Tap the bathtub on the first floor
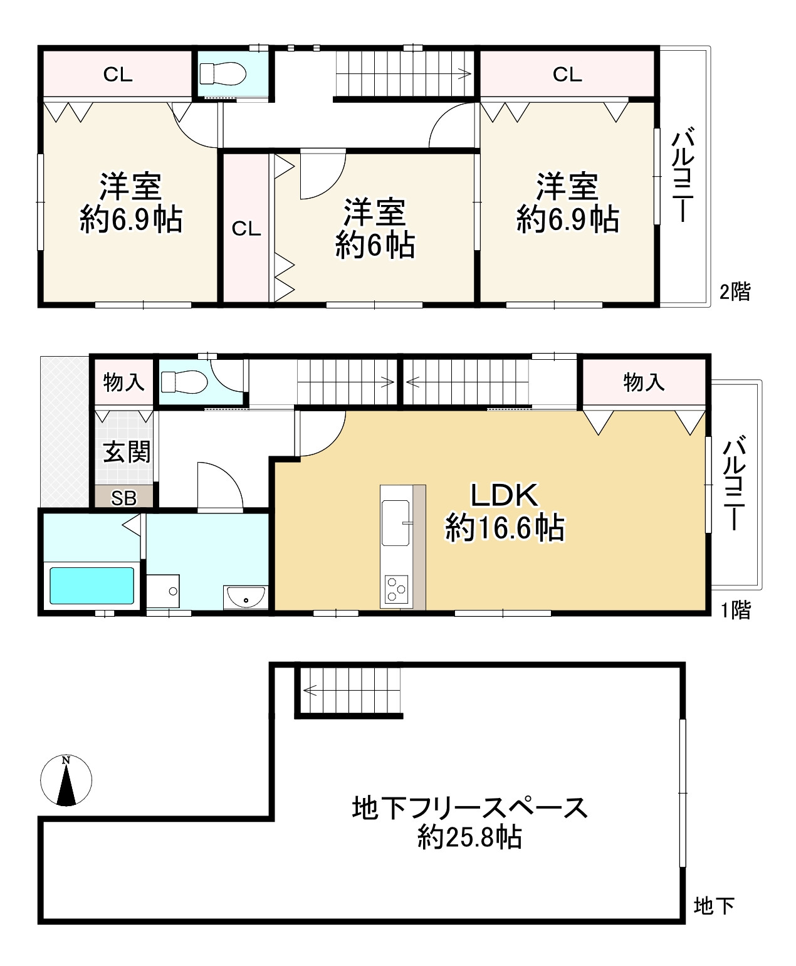click(92, 585)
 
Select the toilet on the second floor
click(223, 73)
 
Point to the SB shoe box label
click(123, 498)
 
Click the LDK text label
click(504, 495)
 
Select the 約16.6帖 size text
click(504, 527)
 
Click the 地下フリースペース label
click(469, 808)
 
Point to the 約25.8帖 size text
click(469, 837)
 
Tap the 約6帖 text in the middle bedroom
click(375, 245)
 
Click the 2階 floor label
click(735, 291)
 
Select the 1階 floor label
click(736, 610)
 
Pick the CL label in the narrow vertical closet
click(246, 229)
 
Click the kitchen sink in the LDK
click(395, 523)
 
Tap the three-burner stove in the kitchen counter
click(396, 589)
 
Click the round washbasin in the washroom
click(246, 597)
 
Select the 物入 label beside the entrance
click(123, 382)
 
